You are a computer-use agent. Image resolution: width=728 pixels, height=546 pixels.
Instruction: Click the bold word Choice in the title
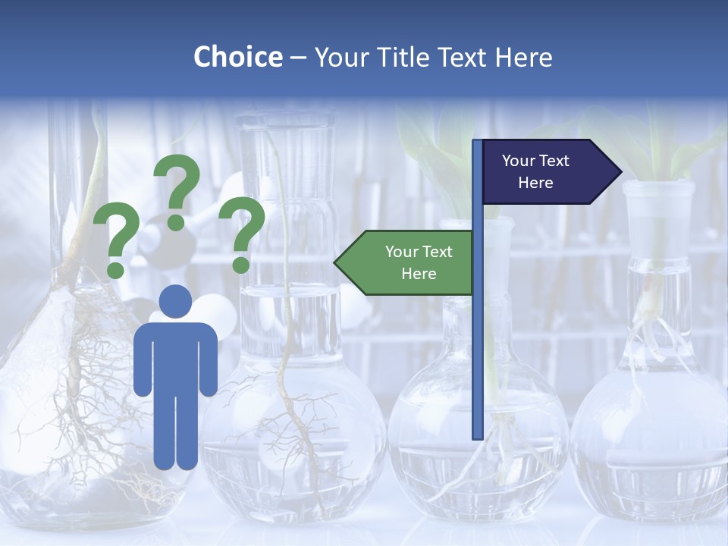(237, 57)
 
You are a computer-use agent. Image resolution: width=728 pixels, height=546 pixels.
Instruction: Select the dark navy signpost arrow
(546, 172)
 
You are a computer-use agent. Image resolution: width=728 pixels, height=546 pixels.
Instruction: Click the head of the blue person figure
(176, 302)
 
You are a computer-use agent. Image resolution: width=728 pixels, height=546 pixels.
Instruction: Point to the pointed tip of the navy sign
(620, 172)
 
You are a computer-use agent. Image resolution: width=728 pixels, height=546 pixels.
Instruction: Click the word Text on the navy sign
(554, 161)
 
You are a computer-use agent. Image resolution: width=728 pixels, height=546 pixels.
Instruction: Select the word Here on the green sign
(419, 274)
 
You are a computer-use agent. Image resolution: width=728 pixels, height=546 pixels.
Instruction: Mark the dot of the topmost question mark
(176, 222)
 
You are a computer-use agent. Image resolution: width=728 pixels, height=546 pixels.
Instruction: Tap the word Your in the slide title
(337, 57)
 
